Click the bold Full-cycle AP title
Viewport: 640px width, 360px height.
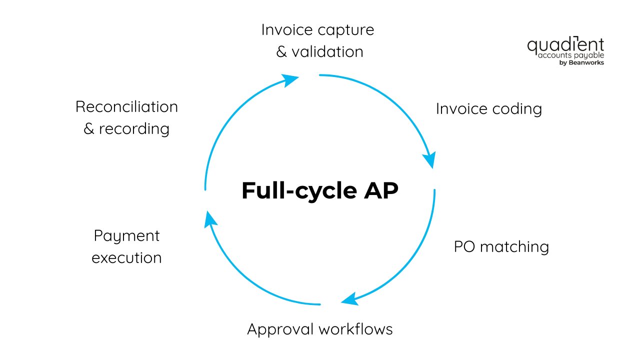click(319, 191)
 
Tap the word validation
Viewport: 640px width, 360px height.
click(327, 52)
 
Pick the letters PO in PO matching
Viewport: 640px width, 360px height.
click(464, 246)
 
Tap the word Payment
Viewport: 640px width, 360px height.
click(126, 236)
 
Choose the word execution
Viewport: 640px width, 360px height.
click(126, 258)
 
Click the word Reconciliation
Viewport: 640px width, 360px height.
click(126, 107)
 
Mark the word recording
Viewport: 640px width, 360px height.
click(134, 129)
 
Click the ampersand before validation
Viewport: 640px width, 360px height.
click(281, 52)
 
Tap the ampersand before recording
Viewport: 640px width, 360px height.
click(88, 129)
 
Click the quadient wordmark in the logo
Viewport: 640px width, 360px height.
click(565, 45)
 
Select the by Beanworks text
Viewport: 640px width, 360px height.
click(581, 63)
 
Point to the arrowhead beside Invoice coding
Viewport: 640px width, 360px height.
click(429, 160)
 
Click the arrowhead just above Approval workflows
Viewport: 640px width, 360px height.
click(349, 298)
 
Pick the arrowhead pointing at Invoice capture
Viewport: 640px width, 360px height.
click(290, 79)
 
